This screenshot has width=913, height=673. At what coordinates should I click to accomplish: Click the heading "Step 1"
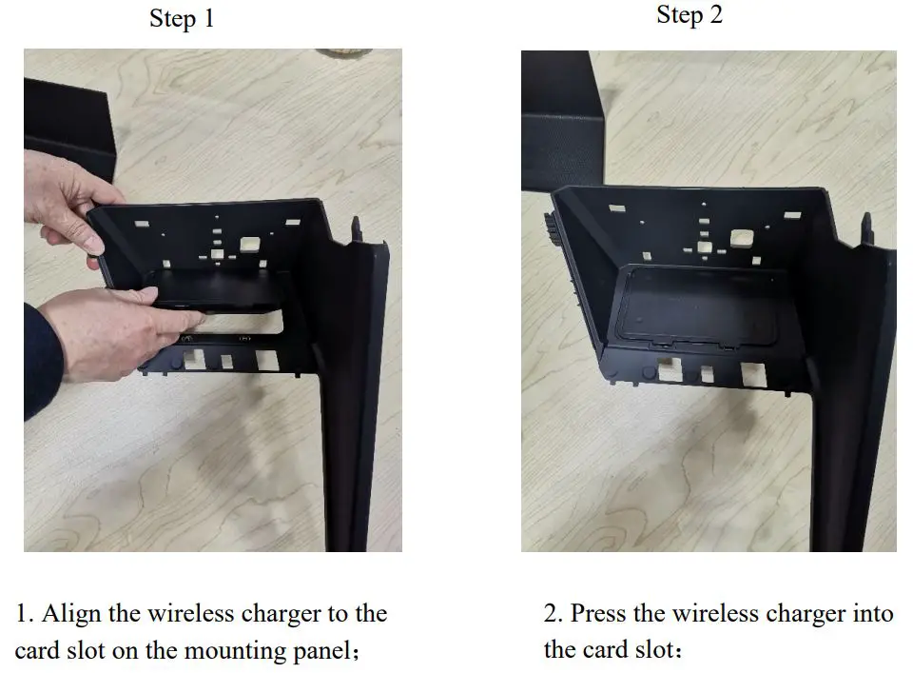click(182, 19)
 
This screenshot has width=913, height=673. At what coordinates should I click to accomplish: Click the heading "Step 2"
click(689, 15)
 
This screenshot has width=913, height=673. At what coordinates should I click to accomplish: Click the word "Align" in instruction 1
click(71, 613)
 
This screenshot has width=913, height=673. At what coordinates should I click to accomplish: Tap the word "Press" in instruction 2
click(600, 613)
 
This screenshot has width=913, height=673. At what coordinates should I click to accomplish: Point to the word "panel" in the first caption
click(319, 652)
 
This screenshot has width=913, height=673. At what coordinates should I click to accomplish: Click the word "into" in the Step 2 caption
click(870, 613)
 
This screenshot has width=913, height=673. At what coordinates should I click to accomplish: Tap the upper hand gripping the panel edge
click(62, 200)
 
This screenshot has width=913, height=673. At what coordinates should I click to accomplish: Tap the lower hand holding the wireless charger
click(105, 328)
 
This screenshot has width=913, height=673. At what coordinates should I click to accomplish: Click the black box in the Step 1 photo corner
click(67, 124)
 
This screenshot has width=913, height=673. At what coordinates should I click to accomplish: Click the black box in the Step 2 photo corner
click(561, 114)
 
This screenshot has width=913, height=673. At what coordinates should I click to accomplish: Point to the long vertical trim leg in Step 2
click(851, 447)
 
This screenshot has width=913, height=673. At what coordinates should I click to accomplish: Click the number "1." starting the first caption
click(25, 613)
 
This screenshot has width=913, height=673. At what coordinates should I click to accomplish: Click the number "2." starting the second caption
click(554, 613)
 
